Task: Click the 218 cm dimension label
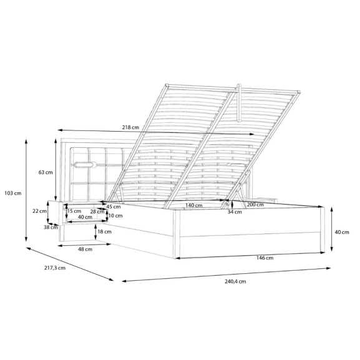[130, 127]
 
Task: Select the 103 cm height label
[13, 193]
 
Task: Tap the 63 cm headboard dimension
[46, 172]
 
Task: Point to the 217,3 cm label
[55, 268]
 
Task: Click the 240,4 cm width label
[235, 281]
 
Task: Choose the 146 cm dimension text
[265, 258]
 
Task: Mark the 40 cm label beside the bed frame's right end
[342, 232]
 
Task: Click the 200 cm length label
[255, 205]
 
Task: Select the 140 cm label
[194, 205]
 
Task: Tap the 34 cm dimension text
[235, 212]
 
